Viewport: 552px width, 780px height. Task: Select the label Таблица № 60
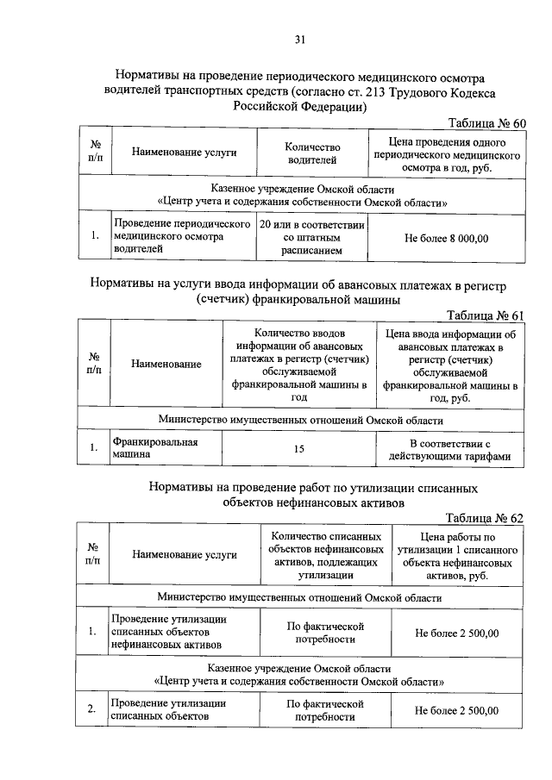(x=486, y=122)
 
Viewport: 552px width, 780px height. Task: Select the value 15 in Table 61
(x=299, y=449)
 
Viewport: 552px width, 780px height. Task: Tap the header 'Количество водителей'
(x=312, y=153)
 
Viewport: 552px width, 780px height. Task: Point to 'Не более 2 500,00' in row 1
(x=456, y=633)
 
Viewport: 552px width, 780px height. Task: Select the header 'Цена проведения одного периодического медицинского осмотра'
(x=446, y=153)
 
